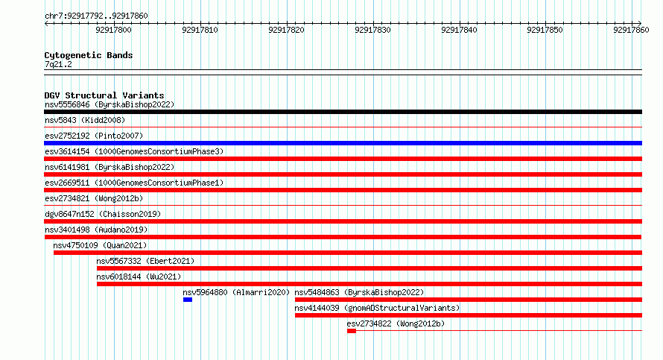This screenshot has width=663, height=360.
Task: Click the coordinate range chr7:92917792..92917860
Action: click(96, 16)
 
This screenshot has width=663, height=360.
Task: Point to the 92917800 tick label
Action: click(113, 30)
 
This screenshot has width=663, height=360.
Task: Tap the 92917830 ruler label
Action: click(372, 30)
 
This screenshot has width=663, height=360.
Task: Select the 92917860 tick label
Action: click(631, 30)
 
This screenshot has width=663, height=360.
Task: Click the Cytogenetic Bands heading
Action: click(89, 55)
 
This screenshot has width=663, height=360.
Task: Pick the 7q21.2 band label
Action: click(58, 65)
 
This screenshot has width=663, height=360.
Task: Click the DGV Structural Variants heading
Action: click(104, 95)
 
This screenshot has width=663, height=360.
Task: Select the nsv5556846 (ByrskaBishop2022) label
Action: click(110, 105)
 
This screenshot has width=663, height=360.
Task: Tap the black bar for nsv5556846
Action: click(343, 112)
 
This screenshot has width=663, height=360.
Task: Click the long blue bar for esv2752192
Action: click(343, 143)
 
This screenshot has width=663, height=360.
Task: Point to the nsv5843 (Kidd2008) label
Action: click(85, 121)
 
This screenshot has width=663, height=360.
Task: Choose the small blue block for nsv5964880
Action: click(188, 300)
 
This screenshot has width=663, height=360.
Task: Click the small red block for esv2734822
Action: click(352, 331)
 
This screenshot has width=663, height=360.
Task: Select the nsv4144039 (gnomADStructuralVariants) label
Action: click(377, 309)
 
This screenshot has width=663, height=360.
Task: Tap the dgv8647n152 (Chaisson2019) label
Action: click(103, 215)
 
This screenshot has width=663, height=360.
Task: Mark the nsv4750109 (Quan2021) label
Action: click(101, 246)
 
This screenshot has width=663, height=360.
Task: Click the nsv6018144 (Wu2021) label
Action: click(139, 277)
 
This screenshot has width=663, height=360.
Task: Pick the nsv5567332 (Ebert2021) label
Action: click(145, 262)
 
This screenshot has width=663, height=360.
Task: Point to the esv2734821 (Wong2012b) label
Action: click(94, 199)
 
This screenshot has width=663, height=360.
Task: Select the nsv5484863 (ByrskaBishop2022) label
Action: click(359, 293)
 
